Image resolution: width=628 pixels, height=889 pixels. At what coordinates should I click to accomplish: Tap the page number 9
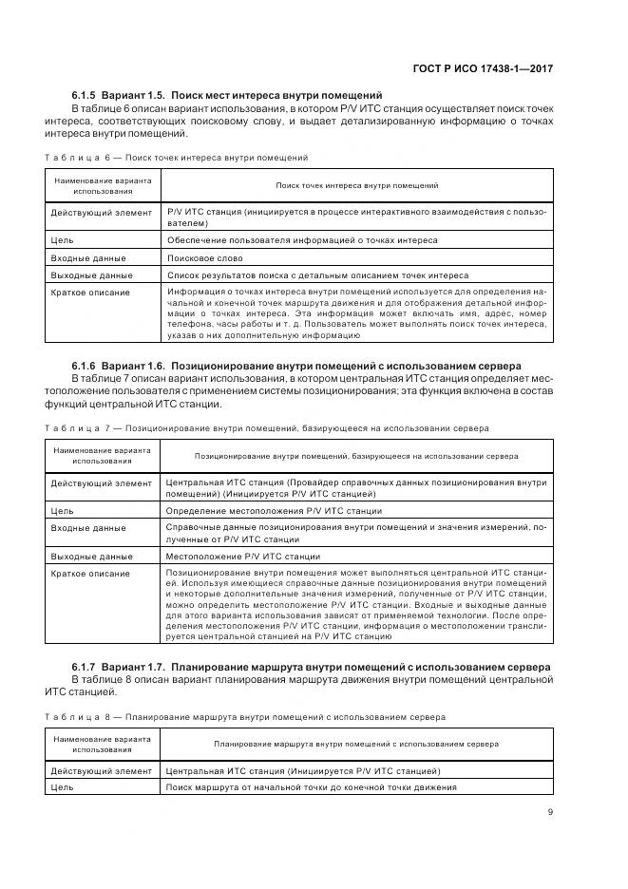[550, 811]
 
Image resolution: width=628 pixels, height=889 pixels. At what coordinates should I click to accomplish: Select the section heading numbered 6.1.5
[227, 95]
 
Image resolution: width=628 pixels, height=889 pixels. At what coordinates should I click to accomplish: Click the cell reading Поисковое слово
[204, 258]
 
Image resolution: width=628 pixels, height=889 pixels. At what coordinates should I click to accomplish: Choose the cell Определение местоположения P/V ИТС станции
[260, 511]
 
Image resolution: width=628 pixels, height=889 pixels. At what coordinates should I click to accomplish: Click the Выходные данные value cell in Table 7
[242, 556]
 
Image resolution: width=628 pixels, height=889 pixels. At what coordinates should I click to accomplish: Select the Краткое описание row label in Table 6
[90, 293]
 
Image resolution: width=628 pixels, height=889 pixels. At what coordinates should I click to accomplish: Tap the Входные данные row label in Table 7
[87, 528]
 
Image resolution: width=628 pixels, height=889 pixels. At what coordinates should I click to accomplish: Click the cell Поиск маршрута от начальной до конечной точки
[311, 787]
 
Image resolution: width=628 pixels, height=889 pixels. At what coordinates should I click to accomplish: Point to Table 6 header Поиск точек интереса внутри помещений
[356, 186]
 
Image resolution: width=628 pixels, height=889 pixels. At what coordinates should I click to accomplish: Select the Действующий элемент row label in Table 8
[101, 770]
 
